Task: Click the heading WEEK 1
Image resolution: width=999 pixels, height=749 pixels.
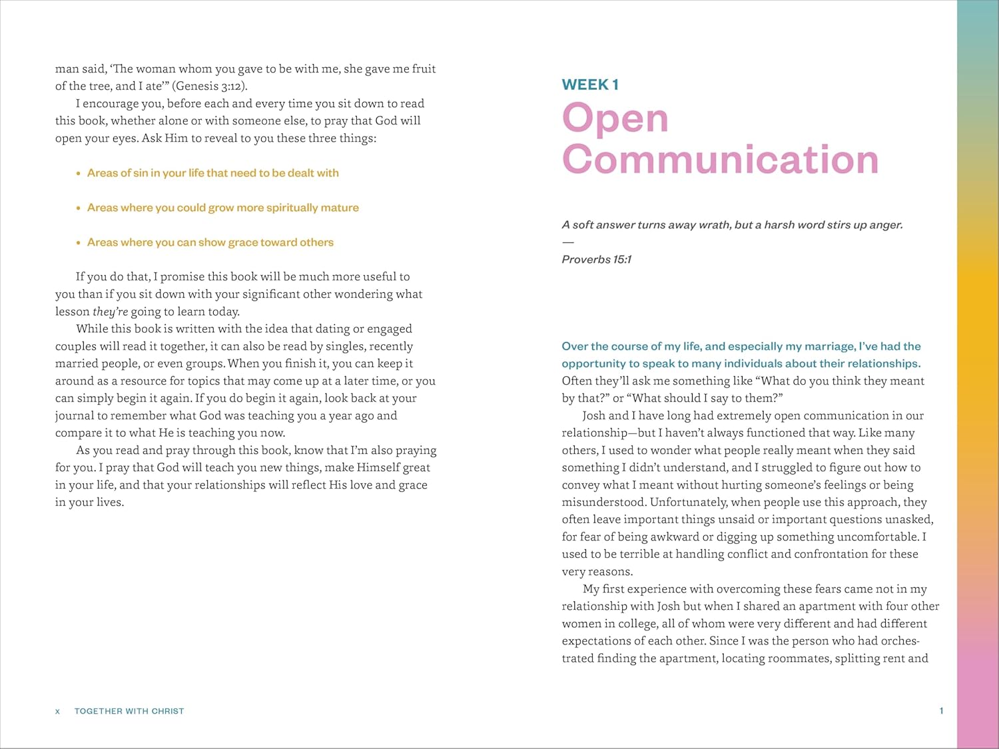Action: [x=590, y=85]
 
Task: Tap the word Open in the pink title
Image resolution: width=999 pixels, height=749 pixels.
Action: [x=615, y=119]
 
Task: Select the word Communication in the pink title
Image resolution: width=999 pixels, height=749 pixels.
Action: [x=720, y=160]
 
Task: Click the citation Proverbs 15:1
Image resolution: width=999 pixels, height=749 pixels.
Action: [x=596, y=260]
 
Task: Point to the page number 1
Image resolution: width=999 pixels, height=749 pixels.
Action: [x=941, y=711]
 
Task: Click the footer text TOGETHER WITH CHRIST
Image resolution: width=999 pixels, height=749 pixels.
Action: [x=129, y=711]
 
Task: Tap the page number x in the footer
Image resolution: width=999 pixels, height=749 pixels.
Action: [x=57, y=711]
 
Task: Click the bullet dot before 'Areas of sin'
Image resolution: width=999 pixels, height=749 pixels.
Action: [x=79, y=173]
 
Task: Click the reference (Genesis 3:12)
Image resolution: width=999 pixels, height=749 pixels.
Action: [x=210, y=86]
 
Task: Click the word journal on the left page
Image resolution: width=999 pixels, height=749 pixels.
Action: [x=74, y=416]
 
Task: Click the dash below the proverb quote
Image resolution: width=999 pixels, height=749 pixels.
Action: [x=567, y=242]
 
